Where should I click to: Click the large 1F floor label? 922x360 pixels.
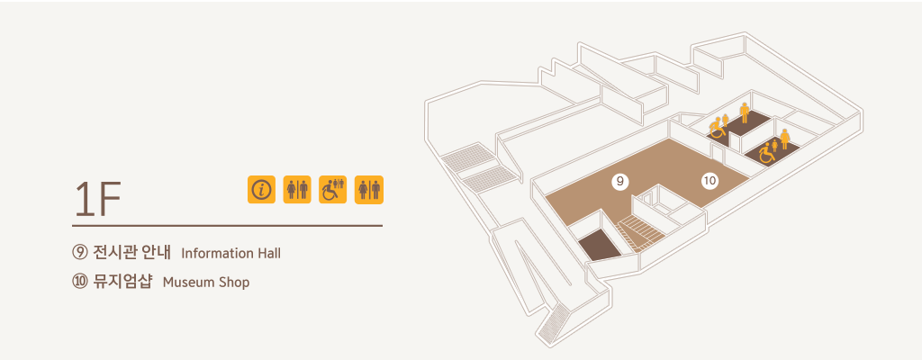97,199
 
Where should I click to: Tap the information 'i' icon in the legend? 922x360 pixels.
262,189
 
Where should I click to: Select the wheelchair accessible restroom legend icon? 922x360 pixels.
333,189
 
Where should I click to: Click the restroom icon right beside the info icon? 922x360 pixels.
297,189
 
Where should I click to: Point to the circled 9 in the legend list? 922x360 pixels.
79,253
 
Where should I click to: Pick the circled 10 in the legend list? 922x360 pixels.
79,282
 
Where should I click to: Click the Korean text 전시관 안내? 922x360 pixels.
131,253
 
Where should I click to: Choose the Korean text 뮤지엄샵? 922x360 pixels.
122,282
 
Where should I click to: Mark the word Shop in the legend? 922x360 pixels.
235,283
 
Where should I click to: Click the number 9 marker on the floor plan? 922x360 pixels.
619,182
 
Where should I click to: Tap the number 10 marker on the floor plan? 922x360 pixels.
710,181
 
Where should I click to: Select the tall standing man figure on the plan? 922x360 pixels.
745,112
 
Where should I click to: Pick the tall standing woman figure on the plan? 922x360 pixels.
784,139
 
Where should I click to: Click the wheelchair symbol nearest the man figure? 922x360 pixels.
717,128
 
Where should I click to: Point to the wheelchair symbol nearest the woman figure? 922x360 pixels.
766,154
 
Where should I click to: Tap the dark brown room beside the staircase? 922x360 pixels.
600,244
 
